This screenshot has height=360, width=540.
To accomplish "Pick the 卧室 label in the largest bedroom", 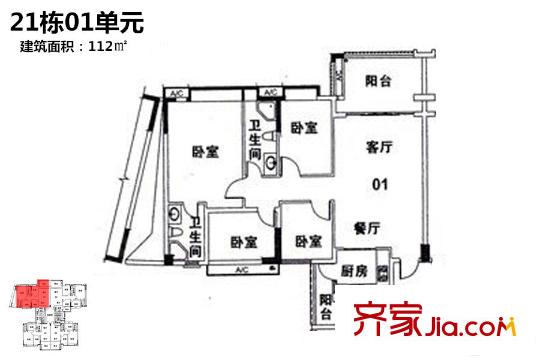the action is click(206, 153).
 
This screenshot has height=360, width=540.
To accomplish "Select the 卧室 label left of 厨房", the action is click(308, 241).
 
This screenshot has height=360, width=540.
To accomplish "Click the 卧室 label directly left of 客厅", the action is click(305, 128).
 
